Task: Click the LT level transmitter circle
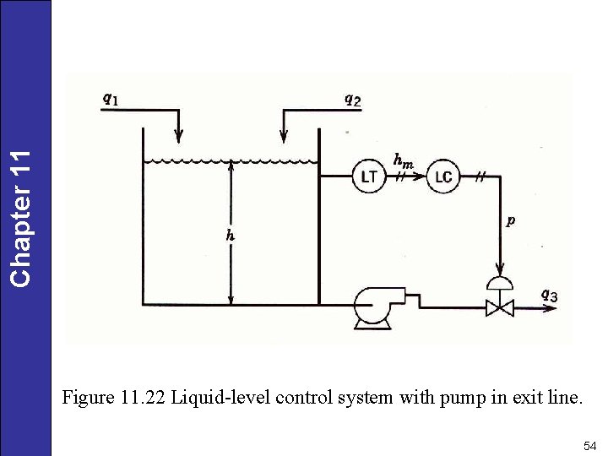click(369, 176)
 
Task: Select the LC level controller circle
click(442, 176)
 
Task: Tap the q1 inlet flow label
click(111, 99)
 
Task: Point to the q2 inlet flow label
click(352, 100)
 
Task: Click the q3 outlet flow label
click(549, 295)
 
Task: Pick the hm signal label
click(403, 159)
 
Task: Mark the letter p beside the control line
click(511, 221)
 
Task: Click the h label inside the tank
click(230, 236)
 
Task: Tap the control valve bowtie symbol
click(500, 308)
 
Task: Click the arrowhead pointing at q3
click(550, 308)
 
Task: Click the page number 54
click(589, 445)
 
